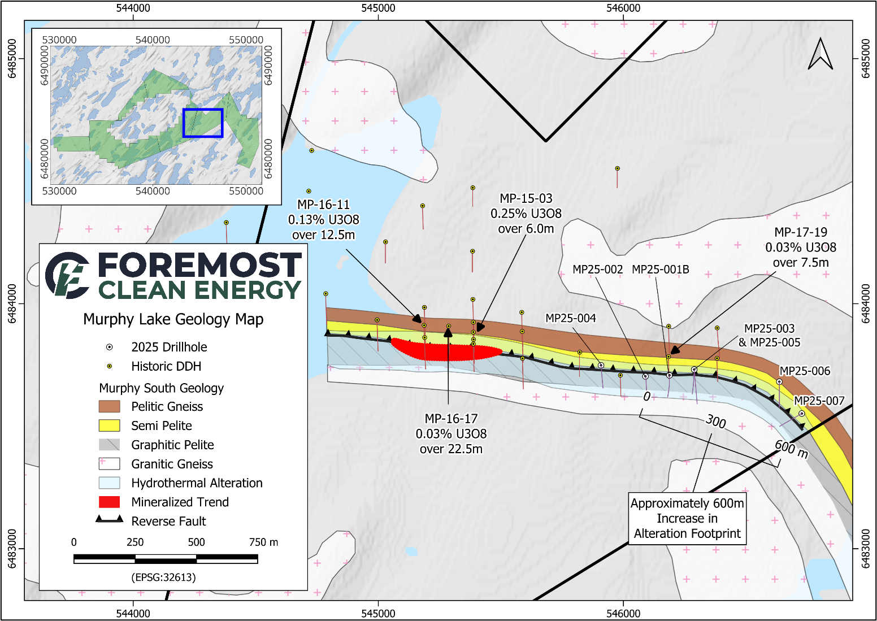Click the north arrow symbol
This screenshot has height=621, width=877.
point(820,54)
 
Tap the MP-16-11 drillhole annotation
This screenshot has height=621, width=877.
point(324,219)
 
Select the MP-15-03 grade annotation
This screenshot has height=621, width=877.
point(526,213)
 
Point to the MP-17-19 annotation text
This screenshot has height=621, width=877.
point(800,247)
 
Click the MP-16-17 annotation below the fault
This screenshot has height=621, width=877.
point(451,433)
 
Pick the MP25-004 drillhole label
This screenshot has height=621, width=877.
point(570,318)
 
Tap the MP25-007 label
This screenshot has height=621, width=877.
point(819,401)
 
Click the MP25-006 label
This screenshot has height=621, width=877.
point(805,371)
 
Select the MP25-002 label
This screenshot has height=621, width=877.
point(597,270)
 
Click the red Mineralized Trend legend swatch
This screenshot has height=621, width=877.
point(109,502)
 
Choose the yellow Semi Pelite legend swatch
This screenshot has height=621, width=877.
point(109,425)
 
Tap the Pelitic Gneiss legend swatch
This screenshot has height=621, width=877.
point(109,406)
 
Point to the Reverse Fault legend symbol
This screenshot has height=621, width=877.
point(109,519)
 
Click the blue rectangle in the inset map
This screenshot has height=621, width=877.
point(203,123)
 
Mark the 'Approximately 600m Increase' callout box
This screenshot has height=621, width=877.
point(687,518)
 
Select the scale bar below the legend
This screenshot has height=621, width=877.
point(166,559)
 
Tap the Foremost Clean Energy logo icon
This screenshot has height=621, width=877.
point(67,275)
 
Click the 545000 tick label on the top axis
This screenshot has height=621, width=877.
point(378,8)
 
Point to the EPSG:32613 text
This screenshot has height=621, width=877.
point(163,577)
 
